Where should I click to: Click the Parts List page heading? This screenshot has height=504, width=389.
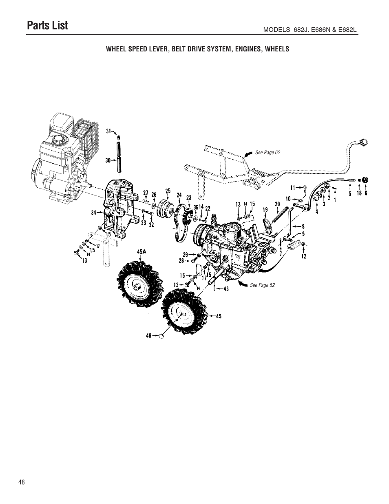coord(47,25)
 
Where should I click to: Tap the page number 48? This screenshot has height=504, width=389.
coord(22,482)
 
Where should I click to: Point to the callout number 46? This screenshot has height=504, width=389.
coord(149,335)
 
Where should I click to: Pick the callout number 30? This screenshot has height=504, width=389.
coord(108,160)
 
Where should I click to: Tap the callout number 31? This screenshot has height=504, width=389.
coord(108,131)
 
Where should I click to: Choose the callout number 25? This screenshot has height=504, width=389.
coord(168,191)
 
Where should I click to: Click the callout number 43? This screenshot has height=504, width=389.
coord(226,289)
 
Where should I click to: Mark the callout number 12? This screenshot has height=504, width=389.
coord(304,256)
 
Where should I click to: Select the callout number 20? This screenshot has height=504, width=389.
coord(277,203)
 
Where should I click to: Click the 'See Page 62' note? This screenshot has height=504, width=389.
coord(267,153)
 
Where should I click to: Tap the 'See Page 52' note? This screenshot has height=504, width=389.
coord(262,285)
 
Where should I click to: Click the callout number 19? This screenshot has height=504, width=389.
coord(265,210)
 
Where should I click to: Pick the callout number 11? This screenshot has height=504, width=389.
coord(292,188)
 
